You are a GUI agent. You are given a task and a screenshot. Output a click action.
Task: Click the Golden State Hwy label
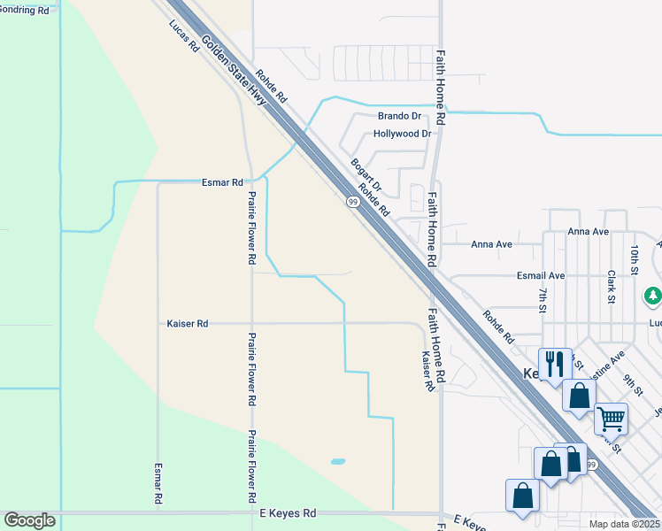(x=234, y=73)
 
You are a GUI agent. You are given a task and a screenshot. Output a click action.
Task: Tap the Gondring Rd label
(x=24, y=11)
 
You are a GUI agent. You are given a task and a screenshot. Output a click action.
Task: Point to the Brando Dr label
(x=399, y=116)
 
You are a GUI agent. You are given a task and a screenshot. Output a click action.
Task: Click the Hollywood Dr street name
(x=402, y=134)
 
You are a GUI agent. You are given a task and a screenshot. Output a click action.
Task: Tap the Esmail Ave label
(x=541, y=276)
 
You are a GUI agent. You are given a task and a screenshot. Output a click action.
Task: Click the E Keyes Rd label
(x=288, y=513)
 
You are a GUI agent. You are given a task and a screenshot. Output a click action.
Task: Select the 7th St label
(x=542, y=299)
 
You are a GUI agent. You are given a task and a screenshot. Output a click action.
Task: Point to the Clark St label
(x=612, y=288)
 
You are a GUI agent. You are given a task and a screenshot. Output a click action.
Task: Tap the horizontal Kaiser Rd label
(x=187, y=324)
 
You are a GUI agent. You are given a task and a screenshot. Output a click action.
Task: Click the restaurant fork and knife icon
(x=555, y=363)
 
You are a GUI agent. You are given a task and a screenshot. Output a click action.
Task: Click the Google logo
(x=29, y=520)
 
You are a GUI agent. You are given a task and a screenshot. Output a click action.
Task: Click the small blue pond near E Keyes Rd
(x=337, y=461)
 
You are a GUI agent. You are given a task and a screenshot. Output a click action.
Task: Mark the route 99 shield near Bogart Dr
(x=352, y=203)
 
